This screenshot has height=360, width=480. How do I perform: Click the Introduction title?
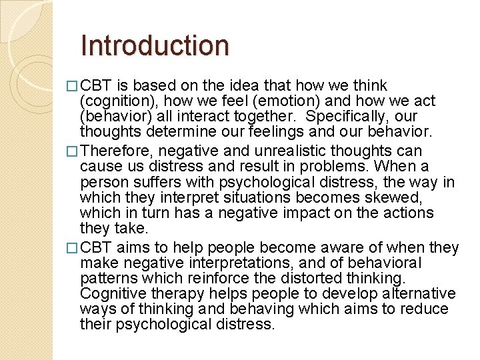(x=154, y=45)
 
